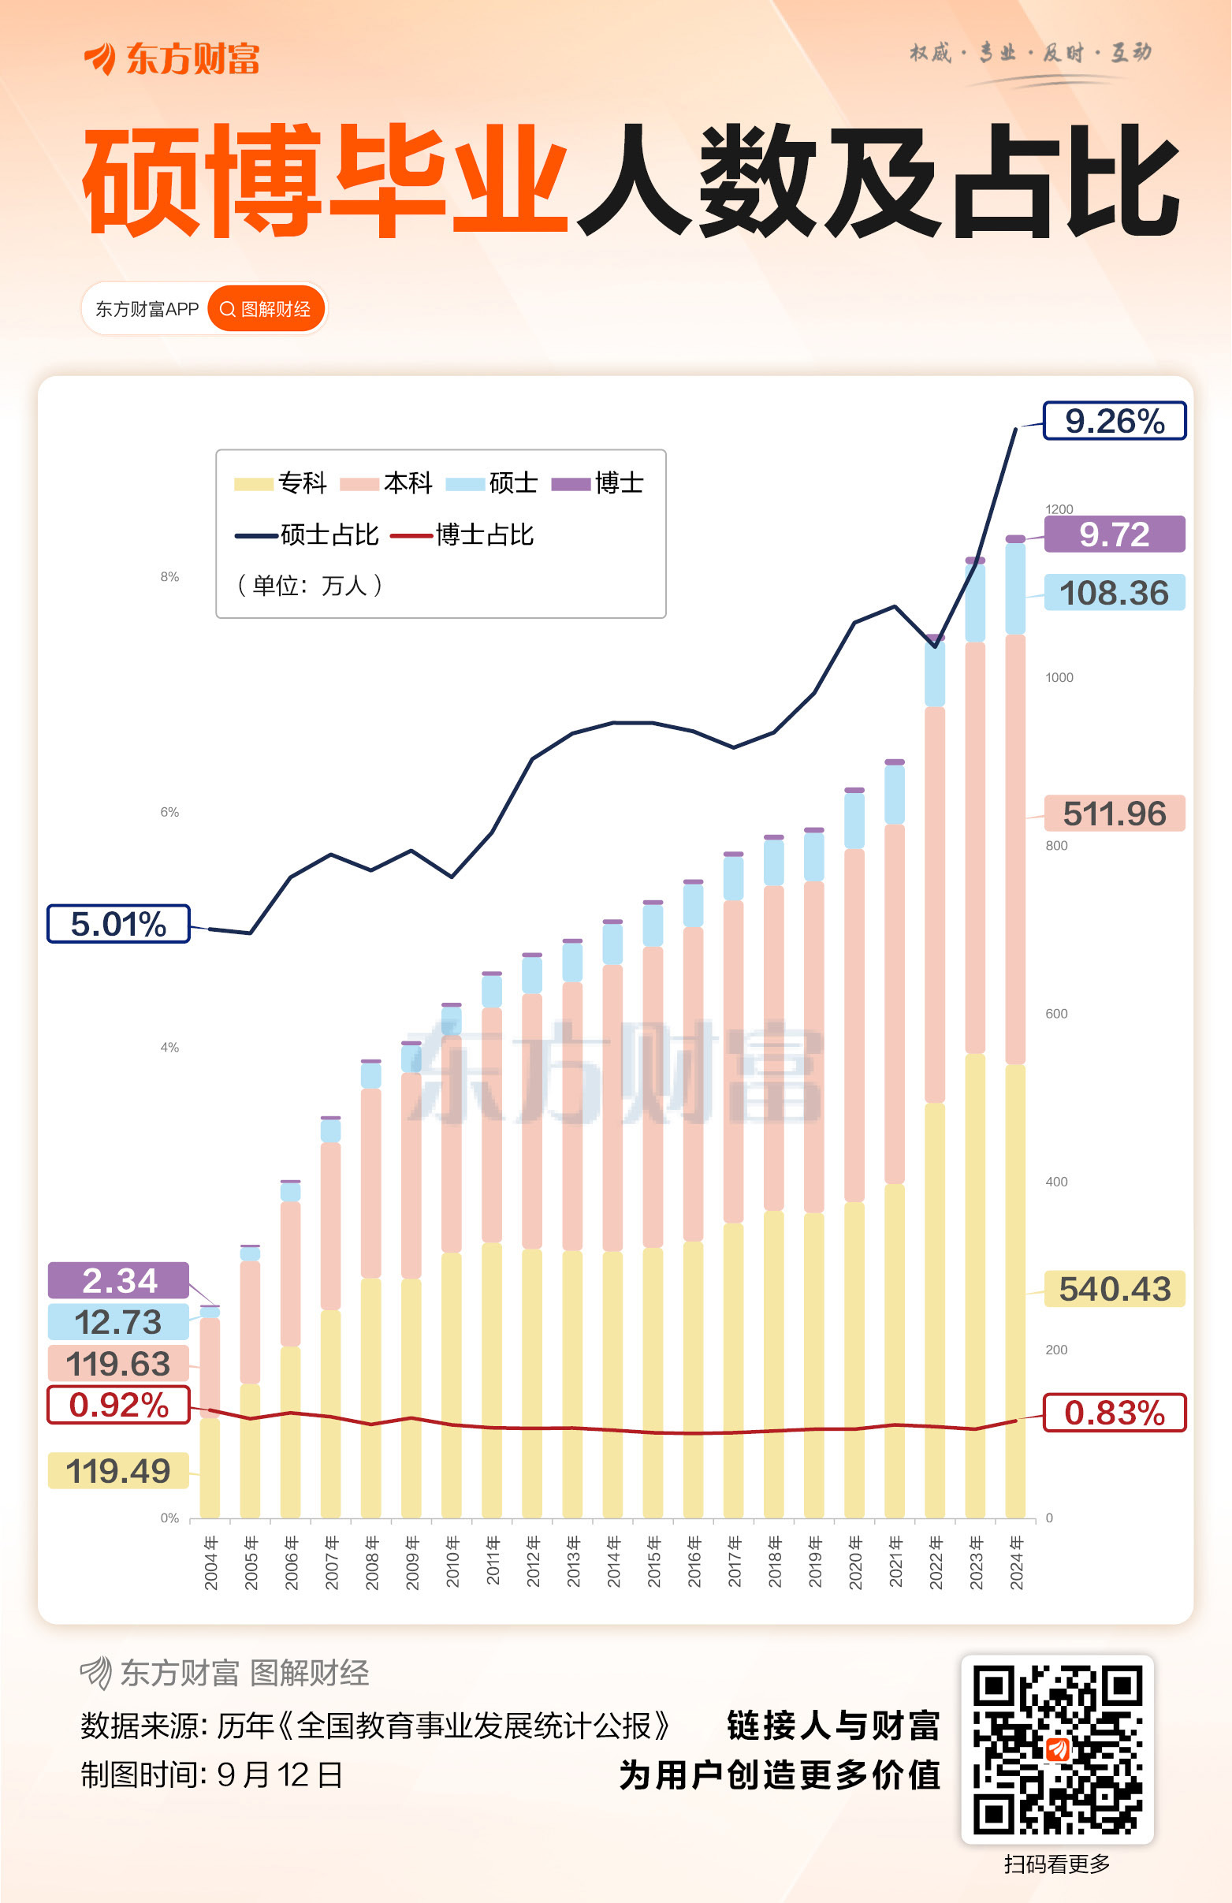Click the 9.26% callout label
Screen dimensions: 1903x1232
point(1114,422)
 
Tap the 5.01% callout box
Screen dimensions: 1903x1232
point(118,924)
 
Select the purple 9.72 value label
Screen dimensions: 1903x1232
point(1114,534)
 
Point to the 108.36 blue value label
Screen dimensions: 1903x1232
point(1114,593)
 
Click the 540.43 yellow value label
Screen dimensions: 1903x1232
point(1114,1289)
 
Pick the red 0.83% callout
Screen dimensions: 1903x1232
point(1114,1413)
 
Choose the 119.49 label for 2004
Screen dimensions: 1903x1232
point(118,1470)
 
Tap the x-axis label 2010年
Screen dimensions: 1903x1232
point(452,1562)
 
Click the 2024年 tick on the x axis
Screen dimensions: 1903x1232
point(1016,1562)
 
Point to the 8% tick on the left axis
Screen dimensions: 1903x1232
point(169,576)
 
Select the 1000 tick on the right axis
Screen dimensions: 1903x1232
point(1059,677)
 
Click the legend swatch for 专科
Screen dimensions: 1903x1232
point(254,484)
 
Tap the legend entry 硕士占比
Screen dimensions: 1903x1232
point(307,535)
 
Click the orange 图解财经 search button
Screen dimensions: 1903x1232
point(266,309)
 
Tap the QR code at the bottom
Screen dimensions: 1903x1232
point(1056,1748)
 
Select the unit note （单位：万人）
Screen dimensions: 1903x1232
point(311,585)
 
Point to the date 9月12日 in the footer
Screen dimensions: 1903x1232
point(279,1775)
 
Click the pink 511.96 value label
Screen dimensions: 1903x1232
point(1114,814)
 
